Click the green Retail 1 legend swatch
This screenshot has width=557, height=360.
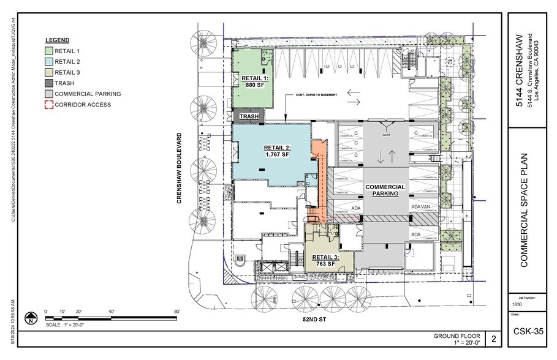[50, 51]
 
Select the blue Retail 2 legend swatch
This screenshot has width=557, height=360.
[50, 61]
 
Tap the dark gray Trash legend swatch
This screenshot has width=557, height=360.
[50, 83]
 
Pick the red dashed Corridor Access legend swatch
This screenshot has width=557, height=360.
[50, 105]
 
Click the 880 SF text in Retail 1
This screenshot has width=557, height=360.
[254, 85]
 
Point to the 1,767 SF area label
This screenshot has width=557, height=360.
[277, 155]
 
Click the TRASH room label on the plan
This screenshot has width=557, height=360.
[248, 116]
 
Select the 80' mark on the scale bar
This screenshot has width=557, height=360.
[176, 312]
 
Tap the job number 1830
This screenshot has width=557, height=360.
[517, 304]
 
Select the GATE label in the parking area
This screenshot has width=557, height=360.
[386, 134]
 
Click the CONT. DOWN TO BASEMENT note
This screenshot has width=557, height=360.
[317, 113]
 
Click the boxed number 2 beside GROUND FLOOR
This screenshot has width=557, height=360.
[493, 338]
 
